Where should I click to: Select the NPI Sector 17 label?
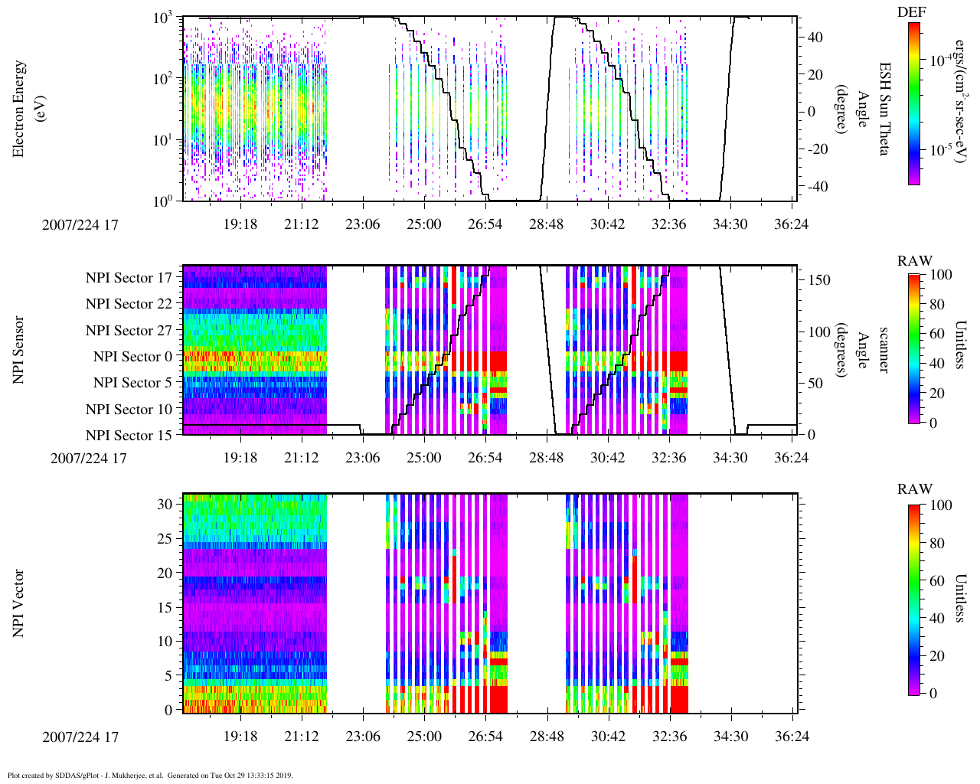pyautogui.click(x=129, y=278)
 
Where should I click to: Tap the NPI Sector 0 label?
pyautogui.click(x=133, y=357)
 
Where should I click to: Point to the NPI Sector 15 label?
pyautogui.click(x=129, y=436)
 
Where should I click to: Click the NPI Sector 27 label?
pyautogui.click(x=129, y=331)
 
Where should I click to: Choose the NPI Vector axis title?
pyautogui.click(x=18, y=603)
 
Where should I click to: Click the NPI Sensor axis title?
pyautogui.click(x=18, y=350)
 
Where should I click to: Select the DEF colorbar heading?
pyautogui.click(x=911, y=11)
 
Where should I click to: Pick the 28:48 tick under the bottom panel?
pyautogui.click(x=546, y=736)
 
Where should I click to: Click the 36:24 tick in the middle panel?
pyautogui.click(x=792, y=458)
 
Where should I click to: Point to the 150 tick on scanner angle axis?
pyautogui.click(x=820, y=280)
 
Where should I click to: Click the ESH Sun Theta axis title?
pyautogui.click(x=884, y=109)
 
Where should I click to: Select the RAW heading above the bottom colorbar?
pyautogui.click(x=915, y=489)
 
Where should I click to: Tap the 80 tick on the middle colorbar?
pyautogui.click(x=942, y=305)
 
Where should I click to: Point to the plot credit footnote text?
pyautogui.click(x=150, y=776)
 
